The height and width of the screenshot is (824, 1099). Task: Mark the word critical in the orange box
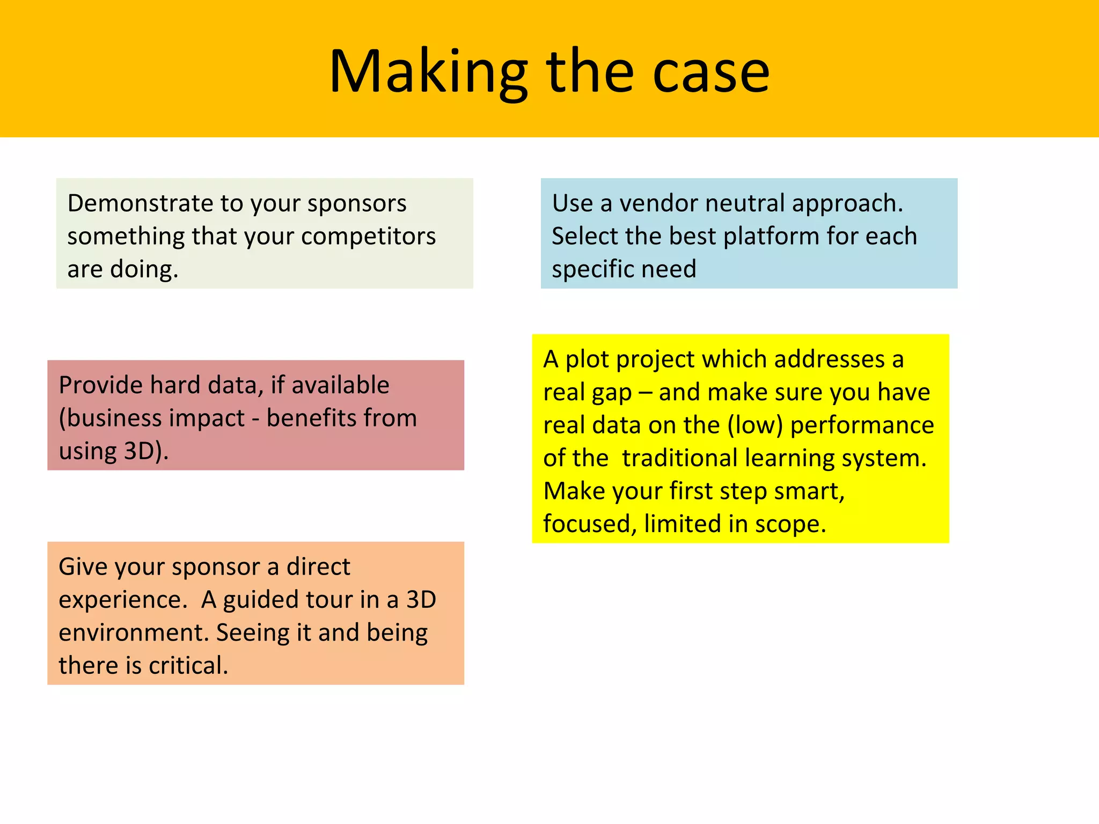click(188, 666)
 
